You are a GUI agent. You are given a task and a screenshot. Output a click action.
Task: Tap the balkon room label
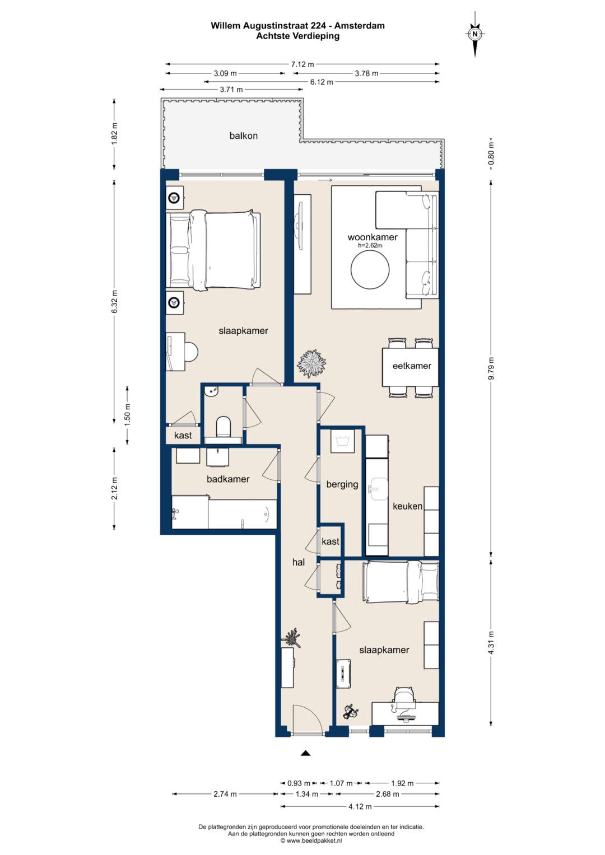[243, 136]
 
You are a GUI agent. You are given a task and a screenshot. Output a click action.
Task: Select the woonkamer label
[373, 237]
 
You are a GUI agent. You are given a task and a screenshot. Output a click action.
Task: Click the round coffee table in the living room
[370, 270]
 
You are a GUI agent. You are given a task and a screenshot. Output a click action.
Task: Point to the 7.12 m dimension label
[302, 64]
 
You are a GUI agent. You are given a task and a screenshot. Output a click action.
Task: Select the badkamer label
[228, 479]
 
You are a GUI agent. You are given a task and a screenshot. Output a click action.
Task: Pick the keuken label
[408, 506]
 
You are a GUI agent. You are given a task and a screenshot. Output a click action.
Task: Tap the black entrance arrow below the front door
[305, 753]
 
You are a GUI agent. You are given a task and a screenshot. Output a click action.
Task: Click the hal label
[298, 562]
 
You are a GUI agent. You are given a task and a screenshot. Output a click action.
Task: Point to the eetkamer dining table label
[412, 366]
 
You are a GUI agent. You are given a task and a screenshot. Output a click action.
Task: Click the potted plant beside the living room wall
[313, 363]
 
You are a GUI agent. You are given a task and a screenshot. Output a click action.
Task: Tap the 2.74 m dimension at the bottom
[225, 794]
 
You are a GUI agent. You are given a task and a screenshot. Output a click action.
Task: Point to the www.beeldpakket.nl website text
[311, 840]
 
